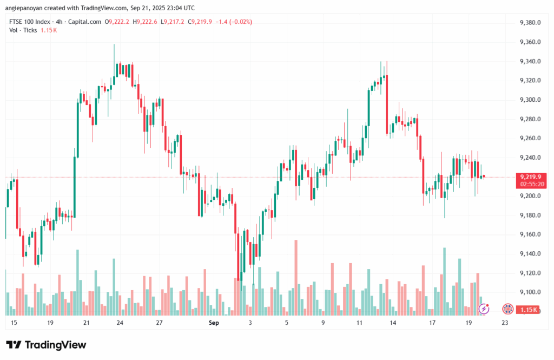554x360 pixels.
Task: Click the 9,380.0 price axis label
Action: (x=530, y=23)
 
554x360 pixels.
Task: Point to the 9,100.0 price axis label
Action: (x=530, y=292)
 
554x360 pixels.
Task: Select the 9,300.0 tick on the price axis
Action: (x=530, y=100)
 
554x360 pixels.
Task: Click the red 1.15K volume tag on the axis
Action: (x=528, y=310)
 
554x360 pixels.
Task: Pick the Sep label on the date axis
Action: (x=214, y=323)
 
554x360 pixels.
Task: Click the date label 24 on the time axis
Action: (x=120, y=323)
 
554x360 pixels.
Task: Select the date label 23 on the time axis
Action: (x=505, y=323)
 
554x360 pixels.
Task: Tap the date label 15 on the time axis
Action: (x=14, y=323)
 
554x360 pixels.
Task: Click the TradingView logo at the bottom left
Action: (x=46, y=345)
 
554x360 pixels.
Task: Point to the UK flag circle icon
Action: (x=507, y=309)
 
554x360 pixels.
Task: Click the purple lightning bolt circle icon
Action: (x=484, y=309)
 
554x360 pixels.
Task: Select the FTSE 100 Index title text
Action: (x=30, y=22)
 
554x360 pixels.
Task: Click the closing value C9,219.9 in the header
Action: (x=200, y=22)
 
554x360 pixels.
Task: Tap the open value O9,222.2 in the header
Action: (x=117, y=22)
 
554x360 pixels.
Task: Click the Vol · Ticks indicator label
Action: (x=23, y=30)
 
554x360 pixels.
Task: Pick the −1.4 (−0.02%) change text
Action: (x=234, y=22)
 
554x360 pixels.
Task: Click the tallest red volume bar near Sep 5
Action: (x=296, y=278)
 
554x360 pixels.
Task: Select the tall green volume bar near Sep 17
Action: (x=444, y=282)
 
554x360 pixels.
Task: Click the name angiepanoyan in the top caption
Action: (x=24, y=8)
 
